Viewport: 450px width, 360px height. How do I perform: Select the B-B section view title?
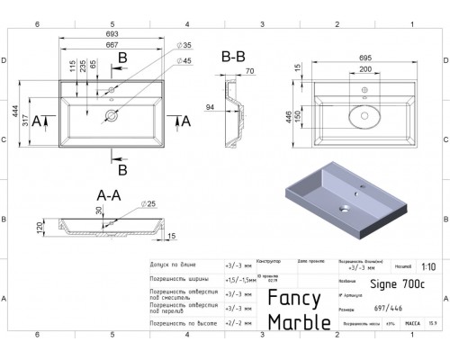(233, 56)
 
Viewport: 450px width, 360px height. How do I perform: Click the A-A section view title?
(111, 193)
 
